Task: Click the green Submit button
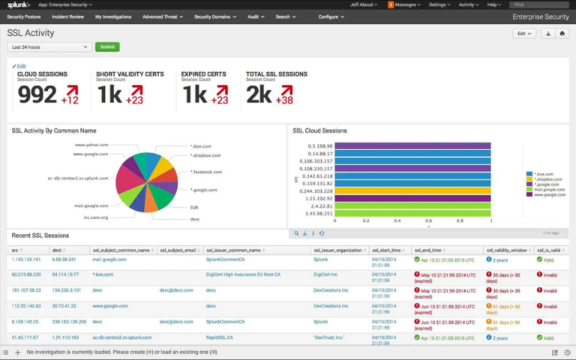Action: coord(107,46)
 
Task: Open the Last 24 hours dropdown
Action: coord(49,46)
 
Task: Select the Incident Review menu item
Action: coord(67,16)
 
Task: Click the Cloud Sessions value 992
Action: coord(37,94)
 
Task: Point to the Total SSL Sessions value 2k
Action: coord(259,94)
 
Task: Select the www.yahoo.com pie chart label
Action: coord(91,144)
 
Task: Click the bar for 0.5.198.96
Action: coord(412,145)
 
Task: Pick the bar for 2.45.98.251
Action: coord(412,213)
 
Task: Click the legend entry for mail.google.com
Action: coord(549,190)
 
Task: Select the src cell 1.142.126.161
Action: coord(26,259)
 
